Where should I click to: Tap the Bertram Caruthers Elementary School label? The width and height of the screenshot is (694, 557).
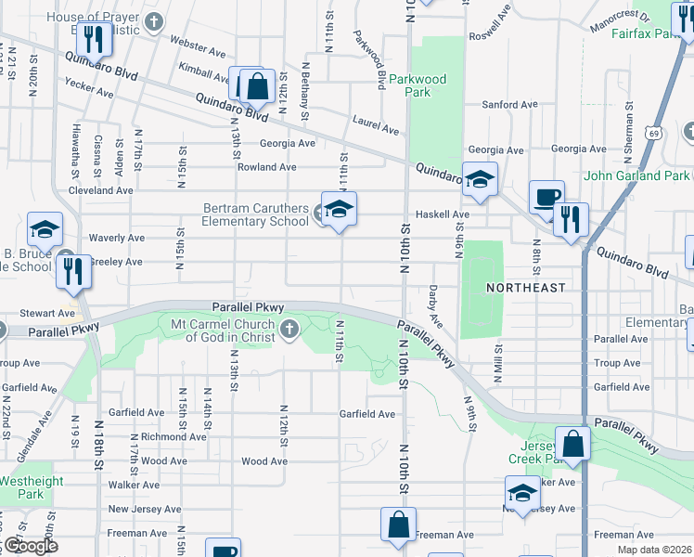pos(256,214)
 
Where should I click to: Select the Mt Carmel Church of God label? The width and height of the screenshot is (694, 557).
pos(223,330)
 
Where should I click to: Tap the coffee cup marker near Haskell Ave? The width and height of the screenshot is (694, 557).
pos(546,197)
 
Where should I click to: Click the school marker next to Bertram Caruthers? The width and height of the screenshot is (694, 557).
pos(339,209)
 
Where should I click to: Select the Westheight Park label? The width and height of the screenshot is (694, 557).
pos(31,487)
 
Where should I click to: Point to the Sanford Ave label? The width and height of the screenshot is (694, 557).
pos(509,105)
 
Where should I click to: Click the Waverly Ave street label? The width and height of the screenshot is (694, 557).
pos(116,238)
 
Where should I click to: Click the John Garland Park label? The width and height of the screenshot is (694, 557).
pos(636,175)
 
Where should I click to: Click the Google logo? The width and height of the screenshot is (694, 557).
pos(30,546)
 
